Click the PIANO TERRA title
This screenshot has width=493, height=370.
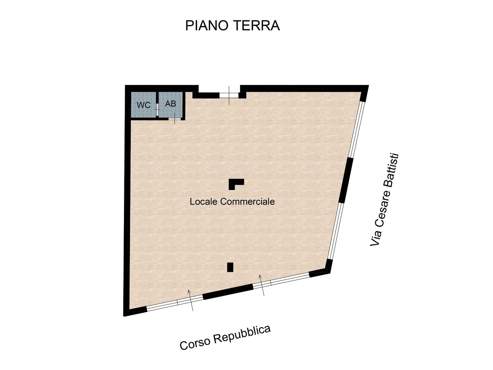pyautogui.click(x=232, y=26)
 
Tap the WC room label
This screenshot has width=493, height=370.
pyautogui.click(x=143, y=105)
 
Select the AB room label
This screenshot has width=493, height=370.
pyautogui.click(x=170, y=104)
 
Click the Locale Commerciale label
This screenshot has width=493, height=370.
pyautogui.click(x=232, y=202)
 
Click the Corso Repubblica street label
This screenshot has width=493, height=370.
pyautogui.click(x=225, y=337)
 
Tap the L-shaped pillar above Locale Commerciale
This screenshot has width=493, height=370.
pyautogui.click(x=235, y=183)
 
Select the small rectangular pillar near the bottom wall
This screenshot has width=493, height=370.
pyautogui.click(x=230, y=267)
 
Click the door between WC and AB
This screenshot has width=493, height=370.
pyautogui.click(x=157, y=110)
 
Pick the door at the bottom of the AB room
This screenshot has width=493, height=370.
pyautogui.click(x=175, y=119)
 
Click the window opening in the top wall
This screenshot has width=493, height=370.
pyautogui.click(x=229, y=95)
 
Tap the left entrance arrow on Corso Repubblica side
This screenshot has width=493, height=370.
pyautogui.click(x=191, y=300)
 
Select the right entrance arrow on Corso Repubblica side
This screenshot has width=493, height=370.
pyautogui.click(x=262, y=285)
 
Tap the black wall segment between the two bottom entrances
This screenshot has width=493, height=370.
pyautogui.click(x=228, y=291)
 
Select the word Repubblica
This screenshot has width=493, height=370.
pyautogui.click(x=242, y=334)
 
